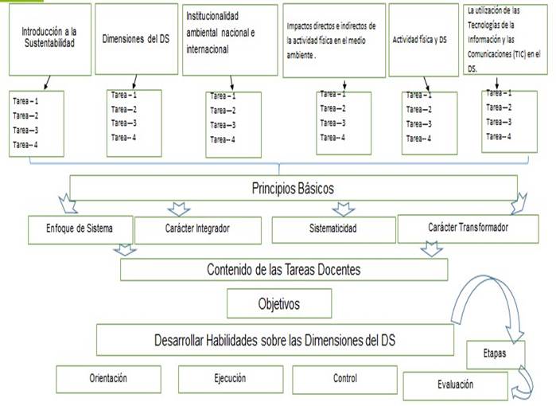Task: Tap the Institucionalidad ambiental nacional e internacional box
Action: pos(229,38)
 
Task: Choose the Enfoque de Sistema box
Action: pos(79,228)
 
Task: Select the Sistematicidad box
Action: pos(332,229)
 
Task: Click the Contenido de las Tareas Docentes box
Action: pos(283,270)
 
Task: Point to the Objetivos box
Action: pos(267,303)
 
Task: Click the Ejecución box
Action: pos(229,379)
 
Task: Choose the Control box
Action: pos(344,379)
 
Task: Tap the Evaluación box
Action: pos(455,385)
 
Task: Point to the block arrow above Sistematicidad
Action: pos(343,209)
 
